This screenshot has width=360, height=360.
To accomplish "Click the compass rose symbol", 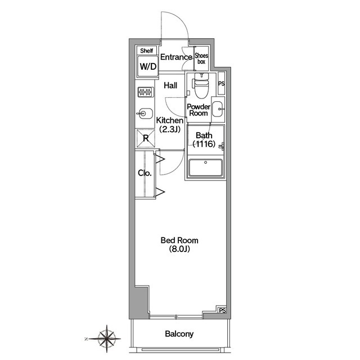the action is coord(106,339).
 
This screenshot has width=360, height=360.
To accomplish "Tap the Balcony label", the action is coord(179,334).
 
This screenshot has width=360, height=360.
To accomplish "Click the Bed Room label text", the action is coord(179,240).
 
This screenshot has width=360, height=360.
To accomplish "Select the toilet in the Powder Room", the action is coord(201,85).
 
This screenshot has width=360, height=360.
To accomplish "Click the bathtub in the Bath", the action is coord(205,168).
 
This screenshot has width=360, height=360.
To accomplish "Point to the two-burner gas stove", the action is coord(146,92).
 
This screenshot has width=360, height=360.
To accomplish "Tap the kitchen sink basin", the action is coord(145,114).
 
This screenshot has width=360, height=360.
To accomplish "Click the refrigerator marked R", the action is coord(146,138).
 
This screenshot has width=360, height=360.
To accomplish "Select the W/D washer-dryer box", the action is coord(148,66).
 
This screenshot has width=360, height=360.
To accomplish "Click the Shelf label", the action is coord(146,51).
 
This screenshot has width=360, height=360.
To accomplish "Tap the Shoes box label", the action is coord(201,58).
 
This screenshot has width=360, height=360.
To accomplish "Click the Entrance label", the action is coord(176,57).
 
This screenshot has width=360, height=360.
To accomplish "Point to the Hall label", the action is coord(170,85).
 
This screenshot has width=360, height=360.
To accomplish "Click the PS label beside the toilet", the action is coord(221,84).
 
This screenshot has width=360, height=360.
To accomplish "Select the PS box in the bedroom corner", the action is coord(222,310).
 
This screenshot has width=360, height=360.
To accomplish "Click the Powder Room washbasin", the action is coord(217,109).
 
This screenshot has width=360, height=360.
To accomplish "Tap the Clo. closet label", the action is coord(145,173).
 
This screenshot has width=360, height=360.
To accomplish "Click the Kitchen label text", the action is coord(170,120).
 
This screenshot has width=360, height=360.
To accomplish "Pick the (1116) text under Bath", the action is coord(204,144).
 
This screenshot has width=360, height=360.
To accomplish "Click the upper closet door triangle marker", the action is coord(160,159).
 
